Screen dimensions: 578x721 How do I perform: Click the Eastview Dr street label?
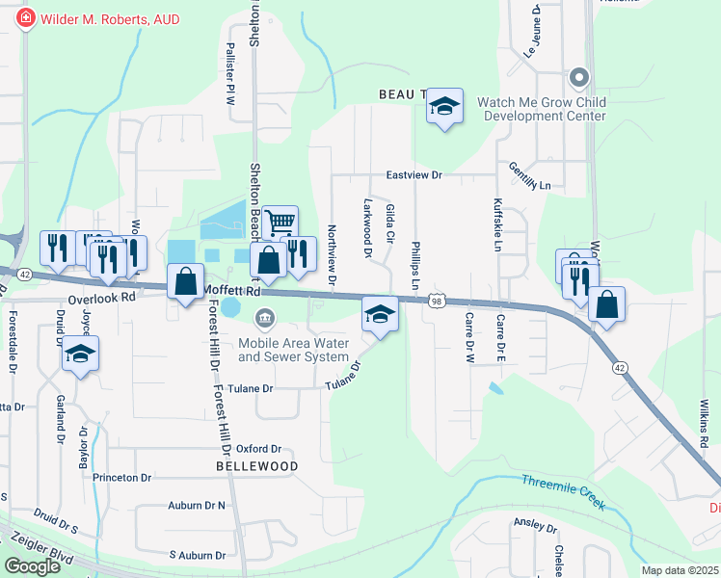pyautogui.click(x=414, y=175)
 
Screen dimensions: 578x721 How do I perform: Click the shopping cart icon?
pyautogui.click(x=280, y=223)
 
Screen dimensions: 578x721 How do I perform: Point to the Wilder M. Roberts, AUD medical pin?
pyautogui.click(x=24, y=17)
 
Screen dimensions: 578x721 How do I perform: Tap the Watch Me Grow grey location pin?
pyautogui.click(x=578, y=76)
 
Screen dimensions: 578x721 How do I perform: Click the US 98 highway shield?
pyautogui.click(x=438, y=302)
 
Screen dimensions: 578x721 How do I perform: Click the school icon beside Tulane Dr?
pyautogui.click(x=380, y=314)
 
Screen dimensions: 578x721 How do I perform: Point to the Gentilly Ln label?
pyautogui.click(x=530, y=176)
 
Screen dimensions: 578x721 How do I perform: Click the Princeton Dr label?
pyautogui.click(x=122, y=477)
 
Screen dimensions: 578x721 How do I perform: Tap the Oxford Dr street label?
pyautogui.click(x=258, y=449)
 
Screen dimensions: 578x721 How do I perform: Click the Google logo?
pyautogui.click(x=32, y=566)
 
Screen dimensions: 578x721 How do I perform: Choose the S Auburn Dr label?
pyautogui.click(x=197, y=555)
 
